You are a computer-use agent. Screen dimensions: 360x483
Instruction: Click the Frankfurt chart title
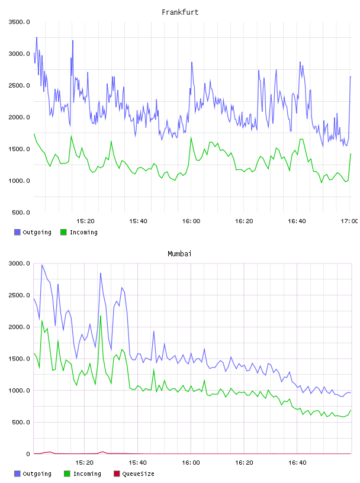coord(180,12)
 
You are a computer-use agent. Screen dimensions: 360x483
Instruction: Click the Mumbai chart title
coord(179,254)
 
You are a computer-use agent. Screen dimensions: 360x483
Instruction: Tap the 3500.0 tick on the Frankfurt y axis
coord(19,22)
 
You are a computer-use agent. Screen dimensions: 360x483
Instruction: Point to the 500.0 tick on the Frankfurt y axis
coord(21,212)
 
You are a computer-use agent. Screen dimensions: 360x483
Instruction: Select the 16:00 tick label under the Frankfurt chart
coord(191,221)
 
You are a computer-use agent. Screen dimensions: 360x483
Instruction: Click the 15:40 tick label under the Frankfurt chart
coord(138,221)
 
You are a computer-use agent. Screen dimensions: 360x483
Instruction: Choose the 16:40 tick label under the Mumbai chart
coord(297,463)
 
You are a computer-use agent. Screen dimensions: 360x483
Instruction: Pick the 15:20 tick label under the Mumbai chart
coord(85,463)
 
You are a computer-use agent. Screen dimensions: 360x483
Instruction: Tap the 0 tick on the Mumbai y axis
coord(28,454)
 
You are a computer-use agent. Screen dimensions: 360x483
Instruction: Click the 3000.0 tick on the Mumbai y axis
coord(19,263)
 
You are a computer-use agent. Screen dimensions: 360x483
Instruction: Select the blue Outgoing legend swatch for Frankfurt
coord(17,232)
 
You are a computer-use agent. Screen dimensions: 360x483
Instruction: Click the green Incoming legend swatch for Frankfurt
coord(63,232)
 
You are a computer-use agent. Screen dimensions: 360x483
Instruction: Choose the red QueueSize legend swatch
coord(117,474)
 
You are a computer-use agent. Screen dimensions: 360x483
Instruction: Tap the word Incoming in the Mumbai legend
coord(87,474)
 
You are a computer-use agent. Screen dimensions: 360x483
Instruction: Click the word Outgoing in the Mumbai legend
coord(37,474)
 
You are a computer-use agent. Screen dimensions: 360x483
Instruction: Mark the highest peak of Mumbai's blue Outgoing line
coord(42,265)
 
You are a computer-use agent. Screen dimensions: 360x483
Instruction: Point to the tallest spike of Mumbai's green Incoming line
coord(101,315)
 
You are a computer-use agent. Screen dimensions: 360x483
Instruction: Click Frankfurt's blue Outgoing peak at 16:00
coord(192,62)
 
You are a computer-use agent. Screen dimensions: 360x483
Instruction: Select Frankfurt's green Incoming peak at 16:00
coord(191,137)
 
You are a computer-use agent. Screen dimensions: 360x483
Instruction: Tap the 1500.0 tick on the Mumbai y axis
coord(19,359)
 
